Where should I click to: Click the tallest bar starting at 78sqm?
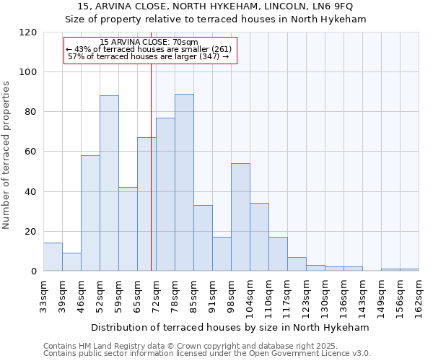click(x=184, y=183)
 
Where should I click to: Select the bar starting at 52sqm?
click(x=109, y=183)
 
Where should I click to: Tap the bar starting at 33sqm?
click(x=53, y=257)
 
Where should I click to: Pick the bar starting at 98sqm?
click(x=240, y=217)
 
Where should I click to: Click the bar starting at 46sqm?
click(x=90, y=213)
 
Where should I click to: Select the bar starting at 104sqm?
click(x=259, y=237)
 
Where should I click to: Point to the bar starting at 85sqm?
click(x=203, y=238)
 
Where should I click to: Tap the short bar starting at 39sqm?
click(x=71, y=262)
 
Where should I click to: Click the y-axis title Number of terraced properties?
click(x=6, y=155)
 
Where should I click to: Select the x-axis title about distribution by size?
click(x=231, y=327)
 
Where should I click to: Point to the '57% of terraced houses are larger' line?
click(x=148, y=56)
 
